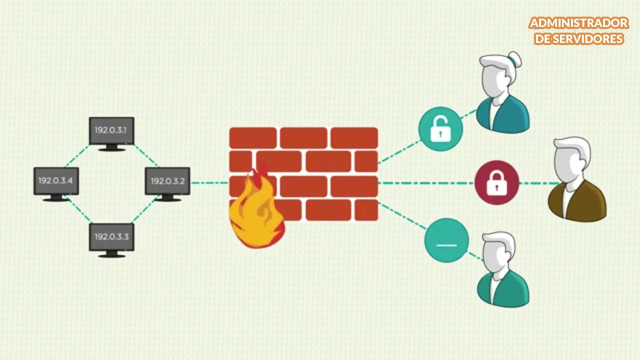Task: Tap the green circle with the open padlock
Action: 440,129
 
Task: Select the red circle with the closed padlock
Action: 497,182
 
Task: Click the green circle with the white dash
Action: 446,240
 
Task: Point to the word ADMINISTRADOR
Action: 579,23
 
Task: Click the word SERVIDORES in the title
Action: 587,39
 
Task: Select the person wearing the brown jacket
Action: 576,179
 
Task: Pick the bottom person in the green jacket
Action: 503,269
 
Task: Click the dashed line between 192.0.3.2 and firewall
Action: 210,183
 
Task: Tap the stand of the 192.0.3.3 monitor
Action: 111,254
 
